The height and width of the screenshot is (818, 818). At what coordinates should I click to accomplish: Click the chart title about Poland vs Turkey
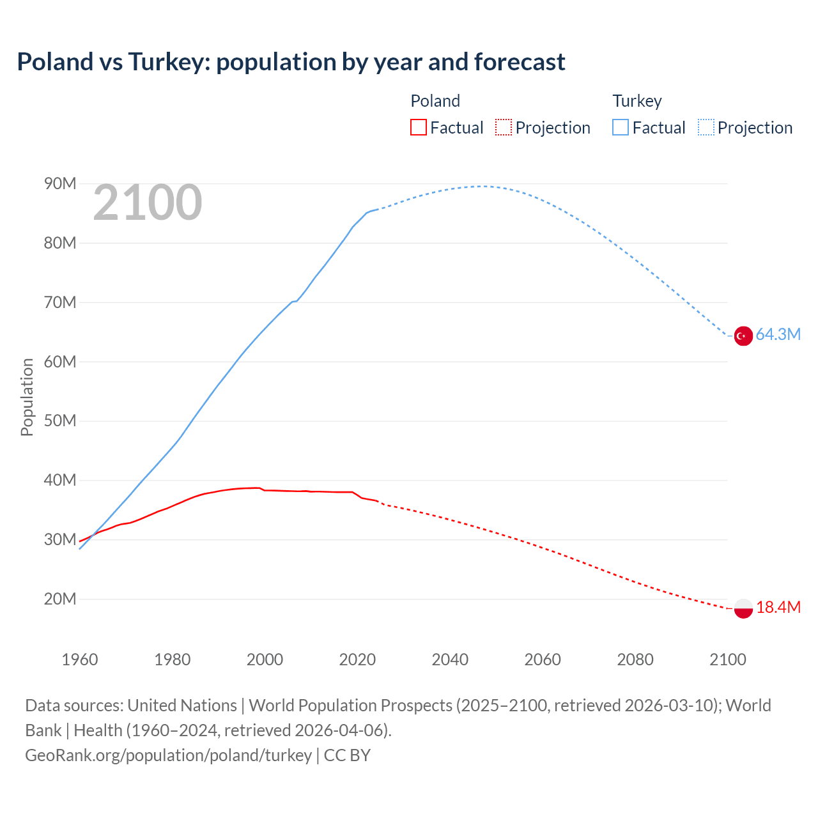tap(291, 62)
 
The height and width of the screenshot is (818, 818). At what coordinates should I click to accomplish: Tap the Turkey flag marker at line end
tap(743, 336)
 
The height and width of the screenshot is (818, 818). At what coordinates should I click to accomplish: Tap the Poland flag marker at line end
tap(743, 608)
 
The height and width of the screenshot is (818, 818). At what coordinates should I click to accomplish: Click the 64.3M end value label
tap(778, 335)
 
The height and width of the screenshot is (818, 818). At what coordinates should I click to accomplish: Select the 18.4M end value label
tap(778, 608)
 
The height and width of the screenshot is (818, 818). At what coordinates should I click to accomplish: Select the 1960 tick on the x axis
tap(80, 660)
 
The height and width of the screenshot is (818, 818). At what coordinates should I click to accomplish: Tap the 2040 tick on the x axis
tap(450, 660)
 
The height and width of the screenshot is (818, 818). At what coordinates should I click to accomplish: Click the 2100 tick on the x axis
tap(727, 660)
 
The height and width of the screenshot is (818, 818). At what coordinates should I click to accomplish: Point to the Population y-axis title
tap(27, 397)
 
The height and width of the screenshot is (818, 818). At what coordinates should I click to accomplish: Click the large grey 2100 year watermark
tap(148, 203)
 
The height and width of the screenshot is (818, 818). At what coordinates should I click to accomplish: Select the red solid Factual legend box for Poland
tap(419, 128)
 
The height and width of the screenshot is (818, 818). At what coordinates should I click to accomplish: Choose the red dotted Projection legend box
tap(504, 128)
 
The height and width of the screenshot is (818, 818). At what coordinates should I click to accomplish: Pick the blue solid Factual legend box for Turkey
tap(621, 128)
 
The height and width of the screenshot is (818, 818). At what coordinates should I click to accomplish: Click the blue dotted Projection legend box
tap(706, 128)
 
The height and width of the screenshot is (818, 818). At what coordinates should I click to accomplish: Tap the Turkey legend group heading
tap(637, 101)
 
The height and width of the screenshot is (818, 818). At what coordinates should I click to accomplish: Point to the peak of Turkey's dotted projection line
tap(481, 186)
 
